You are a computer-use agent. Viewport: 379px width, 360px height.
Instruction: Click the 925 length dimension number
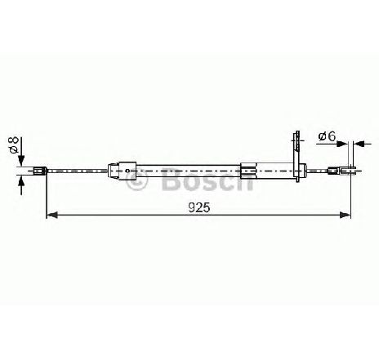[199, 208]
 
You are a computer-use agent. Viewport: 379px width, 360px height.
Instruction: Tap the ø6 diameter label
[328, 136]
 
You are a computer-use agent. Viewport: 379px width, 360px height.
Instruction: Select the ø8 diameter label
[13, 145]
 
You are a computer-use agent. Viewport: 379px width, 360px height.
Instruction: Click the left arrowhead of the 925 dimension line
[52, 215]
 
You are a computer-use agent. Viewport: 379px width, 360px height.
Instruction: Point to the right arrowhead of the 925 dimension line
[345, 215]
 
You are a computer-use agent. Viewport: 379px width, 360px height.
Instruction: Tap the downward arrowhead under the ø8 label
[21, 160]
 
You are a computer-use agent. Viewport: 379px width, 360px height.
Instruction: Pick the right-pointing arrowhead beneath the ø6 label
[342, 144]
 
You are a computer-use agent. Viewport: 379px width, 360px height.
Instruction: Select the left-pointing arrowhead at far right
[359, 144]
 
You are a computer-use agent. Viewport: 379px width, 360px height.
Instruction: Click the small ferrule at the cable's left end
[40, 171]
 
